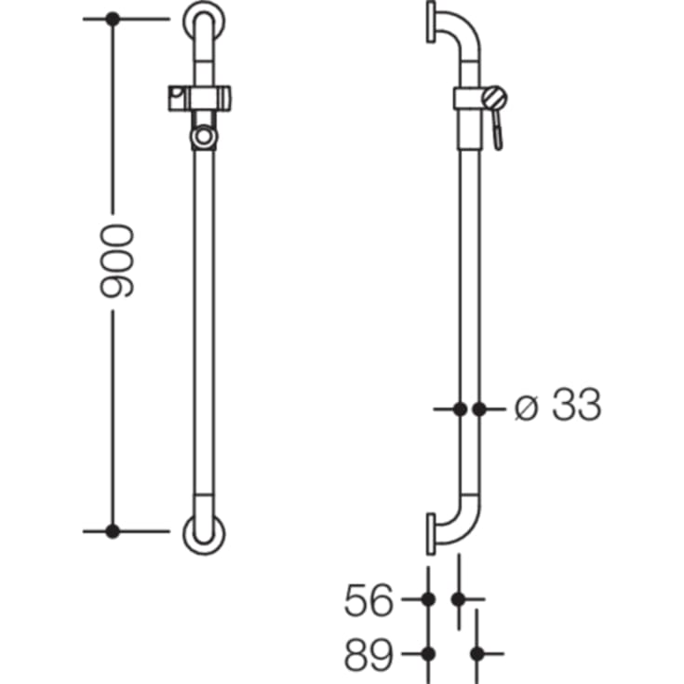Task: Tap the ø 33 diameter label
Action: coord(558,407)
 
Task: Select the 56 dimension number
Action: coord(369,600)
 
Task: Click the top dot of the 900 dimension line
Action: coord(113,19)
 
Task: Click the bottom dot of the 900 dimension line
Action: coord(113,531)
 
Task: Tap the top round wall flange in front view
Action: coord(203,20)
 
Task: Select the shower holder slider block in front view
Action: coord(203,96)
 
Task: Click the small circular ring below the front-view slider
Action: coord(203,138)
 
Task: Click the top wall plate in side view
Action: coord(431,21)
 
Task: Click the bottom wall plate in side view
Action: coord(431,532)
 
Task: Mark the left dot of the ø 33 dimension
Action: coord(460,408)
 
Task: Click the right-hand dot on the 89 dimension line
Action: coord(477,654)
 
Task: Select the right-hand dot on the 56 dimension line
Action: coord(458,599)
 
